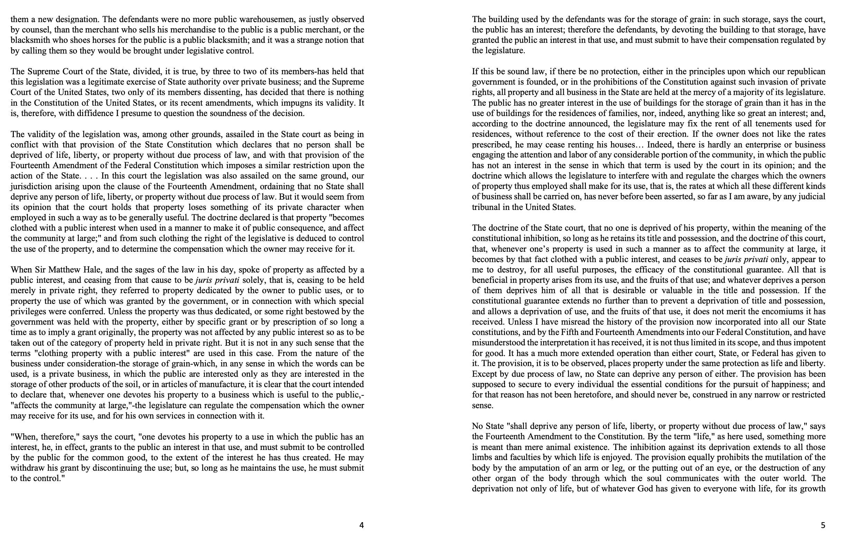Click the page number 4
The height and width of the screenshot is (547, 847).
coord(361,525)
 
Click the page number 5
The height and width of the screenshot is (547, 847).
coord(823,525)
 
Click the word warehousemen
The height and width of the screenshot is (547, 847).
coord(267,19)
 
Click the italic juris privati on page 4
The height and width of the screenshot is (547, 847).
coord(217,280)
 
